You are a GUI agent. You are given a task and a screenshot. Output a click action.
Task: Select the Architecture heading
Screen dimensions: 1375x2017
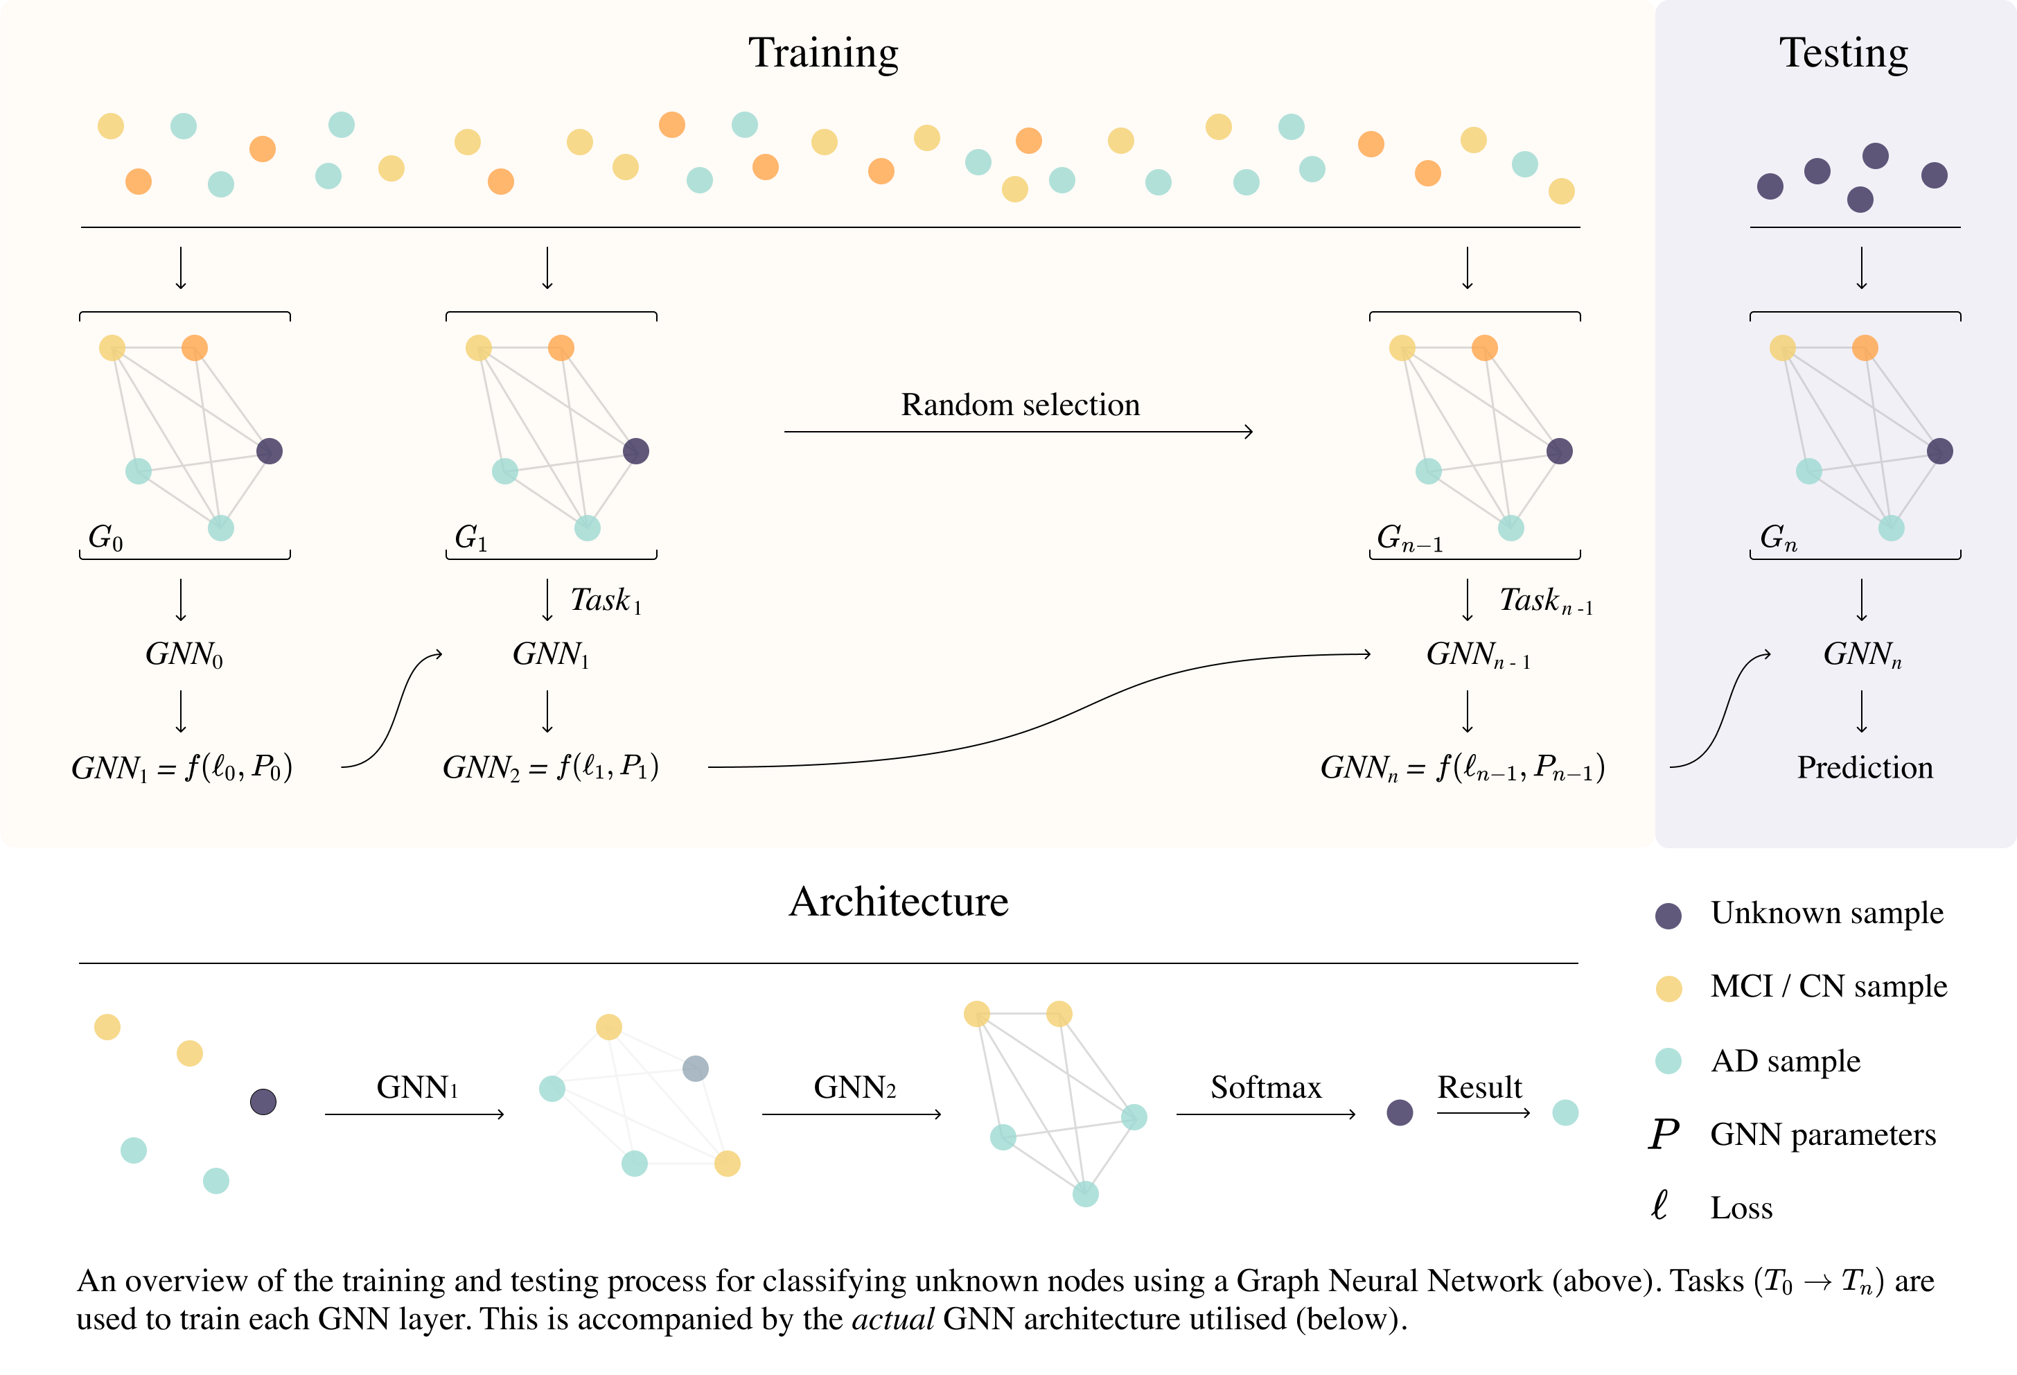click(898, 902)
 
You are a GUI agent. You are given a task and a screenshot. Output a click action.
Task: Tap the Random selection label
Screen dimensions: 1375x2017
click(1020, 405)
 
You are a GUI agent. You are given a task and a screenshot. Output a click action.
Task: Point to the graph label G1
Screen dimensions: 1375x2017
click(471, 538)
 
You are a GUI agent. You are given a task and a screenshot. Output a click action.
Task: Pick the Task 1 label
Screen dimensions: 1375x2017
click(606, 601)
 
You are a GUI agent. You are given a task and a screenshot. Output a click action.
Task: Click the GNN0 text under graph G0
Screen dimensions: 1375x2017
click(184, 654)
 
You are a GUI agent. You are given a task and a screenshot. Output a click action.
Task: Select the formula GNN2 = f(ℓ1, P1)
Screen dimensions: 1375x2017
click(551, 767)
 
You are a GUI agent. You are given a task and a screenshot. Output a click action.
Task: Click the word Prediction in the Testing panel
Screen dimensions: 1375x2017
click(1865, 767)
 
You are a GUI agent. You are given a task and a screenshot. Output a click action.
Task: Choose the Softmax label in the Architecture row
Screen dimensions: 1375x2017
click(1265, 1087)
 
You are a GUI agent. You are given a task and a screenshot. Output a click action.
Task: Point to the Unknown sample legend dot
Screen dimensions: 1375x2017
click(1668, 916)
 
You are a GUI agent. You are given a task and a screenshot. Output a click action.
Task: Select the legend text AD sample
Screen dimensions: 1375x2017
click(1786, 1061)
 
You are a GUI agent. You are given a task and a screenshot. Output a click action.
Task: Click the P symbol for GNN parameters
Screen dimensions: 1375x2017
click(1664, 1135)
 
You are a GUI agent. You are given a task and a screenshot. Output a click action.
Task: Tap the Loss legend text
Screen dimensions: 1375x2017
click(1741, 1209)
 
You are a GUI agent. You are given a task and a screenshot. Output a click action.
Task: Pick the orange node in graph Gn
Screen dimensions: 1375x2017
click(1865, 348)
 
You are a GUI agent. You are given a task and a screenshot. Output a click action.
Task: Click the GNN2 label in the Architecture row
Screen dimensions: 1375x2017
click(854, 1087)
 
